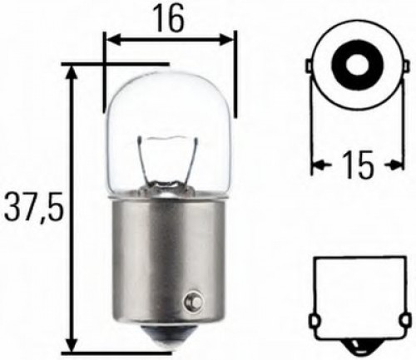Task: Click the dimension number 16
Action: [x=170, y=19]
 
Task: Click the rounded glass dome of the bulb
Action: [x=171, y=108]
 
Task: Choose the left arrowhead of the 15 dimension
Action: [x=318, y=165]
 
